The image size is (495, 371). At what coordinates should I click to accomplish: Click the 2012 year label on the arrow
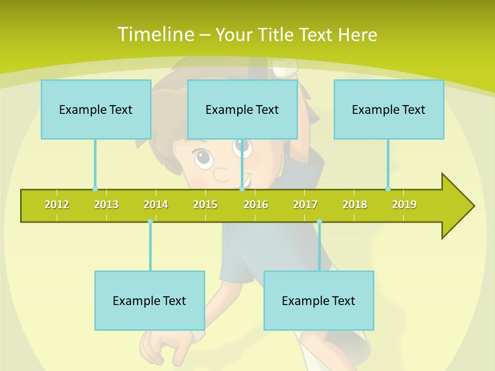[57, 205]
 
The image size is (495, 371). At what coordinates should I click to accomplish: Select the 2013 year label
[106, 205]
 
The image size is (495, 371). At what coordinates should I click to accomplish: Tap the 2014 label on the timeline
[156, 205]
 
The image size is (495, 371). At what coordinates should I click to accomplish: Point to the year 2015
[205, 205]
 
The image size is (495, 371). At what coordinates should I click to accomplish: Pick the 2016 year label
[256, 205]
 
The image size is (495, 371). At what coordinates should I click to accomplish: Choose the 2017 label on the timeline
[305, 205]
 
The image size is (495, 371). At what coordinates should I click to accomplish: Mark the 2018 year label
[355, 205]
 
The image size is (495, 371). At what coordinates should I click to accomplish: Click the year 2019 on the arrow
[404, 205]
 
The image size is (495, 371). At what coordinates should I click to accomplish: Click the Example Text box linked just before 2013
[96, 109]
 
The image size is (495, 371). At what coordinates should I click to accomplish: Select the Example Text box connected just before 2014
[150, 300]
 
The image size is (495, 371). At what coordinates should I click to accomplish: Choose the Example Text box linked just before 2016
[242, 109]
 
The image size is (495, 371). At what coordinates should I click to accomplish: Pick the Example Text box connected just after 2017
[319, 300]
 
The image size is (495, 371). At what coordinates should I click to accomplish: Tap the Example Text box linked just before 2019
[389, 109]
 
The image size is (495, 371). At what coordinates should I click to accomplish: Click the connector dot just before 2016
[242, 189]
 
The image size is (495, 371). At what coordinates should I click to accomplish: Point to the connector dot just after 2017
[319, 221]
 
